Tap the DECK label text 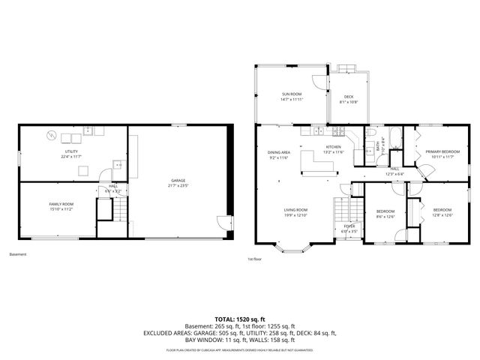tap(349, 97)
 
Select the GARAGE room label tap(178, 181)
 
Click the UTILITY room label tap(70, 152)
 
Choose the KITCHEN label tap(333, 147)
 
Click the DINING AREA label tap(278, 152)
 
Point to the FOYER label tap(349, 225)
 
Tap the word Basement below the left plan tap(17, 254)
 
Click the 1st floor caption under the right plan tap(254, 259)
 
